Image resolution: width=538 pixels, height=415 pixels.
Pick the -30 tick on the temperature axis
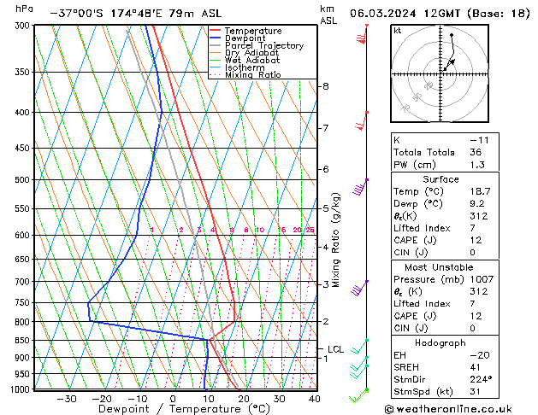tap(66, 399)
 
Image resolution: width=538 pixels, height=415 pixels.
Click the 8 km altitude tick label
tap(325, 86)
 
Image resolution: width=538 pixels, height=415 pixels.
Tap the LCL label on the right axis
tap(335, 349)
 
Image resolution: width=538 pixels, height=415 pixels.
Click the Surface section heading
tap(440, 179)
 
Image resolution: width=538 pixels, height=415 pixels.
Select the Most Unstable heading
tap(440, 266)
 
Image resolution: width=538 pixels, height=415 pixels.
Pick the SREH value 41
tap(476, 366)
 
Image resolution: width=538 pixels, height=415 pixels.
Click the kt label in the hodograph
tap(398, 31)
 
